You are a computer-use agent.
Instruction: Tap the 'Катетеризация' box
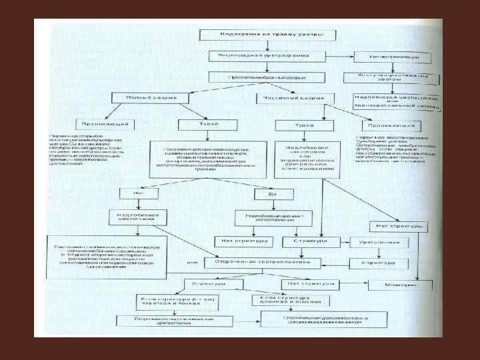click(391, 57)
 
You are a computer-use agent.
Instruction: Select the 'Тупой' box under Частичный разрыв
click(304, 125)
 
